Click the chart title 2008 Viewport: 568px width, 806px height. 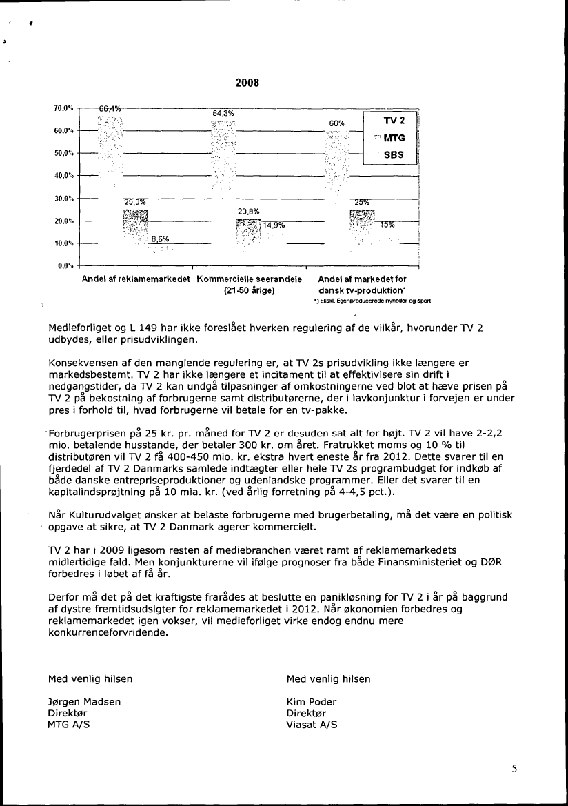point(247,83)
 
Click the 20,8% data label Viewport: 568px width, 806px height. point(247,211)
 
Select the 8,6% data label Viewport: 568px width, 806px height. point(161,239)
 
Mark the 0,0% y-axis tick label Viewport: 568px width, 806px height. point(65,265)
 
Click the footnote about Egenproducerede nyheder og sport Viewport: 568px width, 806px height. point(373,301)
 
